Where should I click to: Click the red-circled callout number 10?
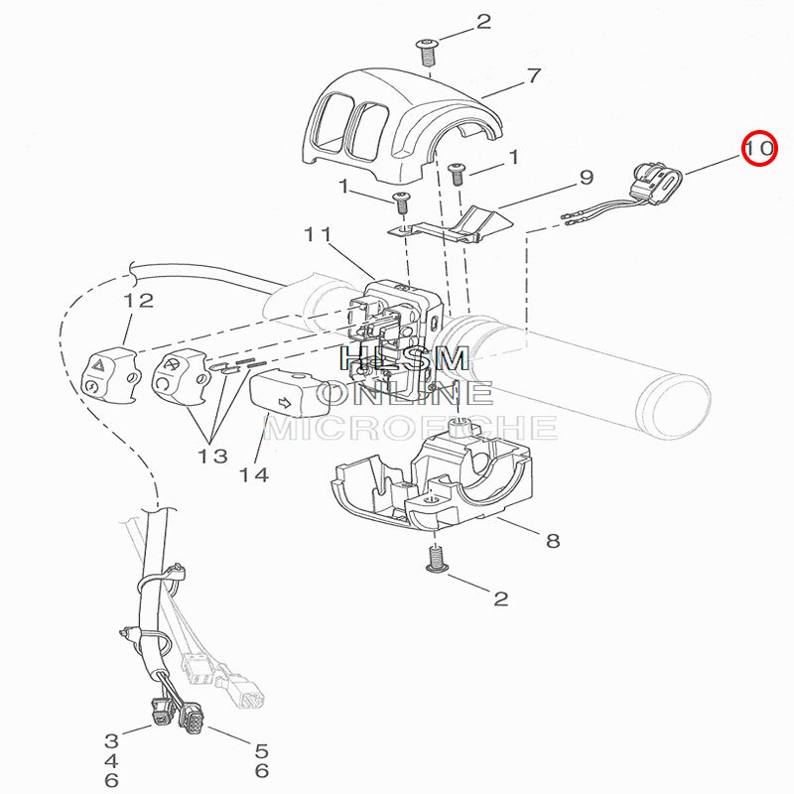tap(761, 150)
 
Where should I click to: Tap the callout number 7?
tap(533, 75)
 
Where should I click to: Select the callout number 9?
tap(586, 178)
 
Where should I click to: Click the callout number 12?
tap(138, 300)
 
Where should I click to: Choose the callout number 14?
tap(254, 474)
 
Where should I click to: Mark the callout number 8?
tap(553, 541)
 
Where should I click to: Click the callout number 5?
tap(262, 750)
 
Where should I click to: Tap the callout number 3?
tap(112, 740)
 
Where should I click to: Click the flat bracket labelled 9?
tap(447, 225)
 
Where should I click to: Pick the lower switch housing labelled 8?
tap(437, 481)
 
